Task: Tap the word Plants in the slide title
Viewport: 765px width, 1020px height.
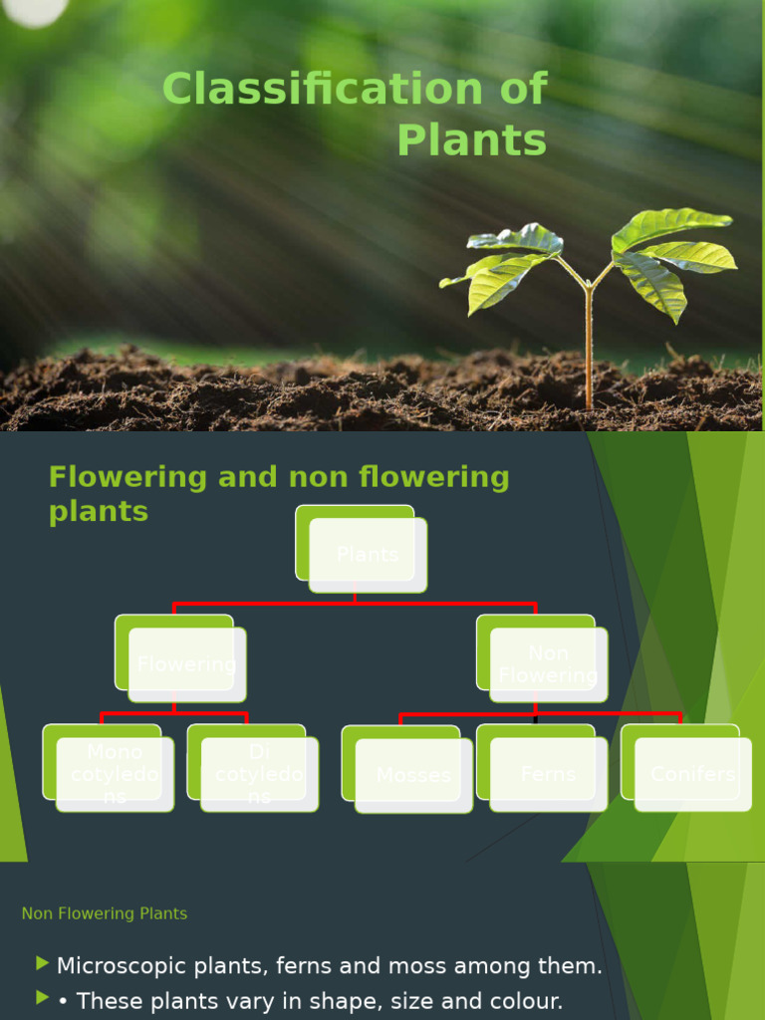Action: click(x=472, y=140)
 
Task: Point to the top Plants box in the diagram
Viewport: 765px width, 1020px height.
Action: click(x=367, y=555)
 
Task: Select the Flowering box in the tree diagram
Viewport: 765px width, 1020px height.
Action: click(x=186, y=664)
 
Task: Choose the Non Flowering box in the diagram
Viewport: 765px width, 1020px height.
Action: click(x=548, y=664)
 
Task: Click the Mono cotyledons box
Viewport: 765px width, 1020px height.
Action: click(x=115, y=774)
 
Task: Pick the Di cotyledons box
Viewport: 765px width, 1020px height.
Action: click(x=259, y=774)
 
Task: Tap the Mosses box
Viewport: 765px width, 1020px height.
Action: click(x=413, y=776)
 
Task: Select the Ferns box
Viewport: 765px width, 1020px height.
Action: click(x=548, y=774)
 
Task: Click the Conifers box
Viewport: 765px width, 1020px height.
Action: click(x=692, y=774)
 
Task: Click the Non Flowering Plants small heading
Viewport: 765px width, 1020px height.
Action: click(x=105, y=913)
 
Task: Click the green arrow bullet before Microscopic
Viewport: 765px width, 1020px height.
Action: click(x=42, y=963)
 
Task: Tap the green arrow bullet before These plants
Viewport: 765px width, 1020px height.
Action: click(x=42, y=997)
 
